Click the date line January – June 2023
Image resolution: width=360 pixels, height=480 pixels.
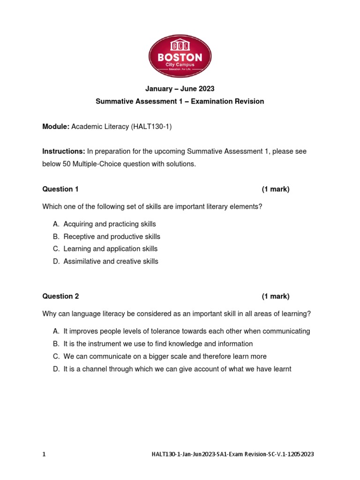180,89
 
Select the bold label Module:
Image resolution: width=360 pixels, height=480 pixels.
56,127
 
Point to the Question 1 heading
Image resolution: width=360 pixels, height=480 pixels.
60,189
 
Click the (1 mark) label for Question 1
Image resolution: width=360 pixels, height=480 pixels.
276,189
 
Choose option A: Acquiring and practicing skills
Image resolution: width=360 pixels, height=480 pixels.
109,224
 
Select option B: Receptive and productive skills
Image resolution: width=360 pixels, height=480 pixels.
112,237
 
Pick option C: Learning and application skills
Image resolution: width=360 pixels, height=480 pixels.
110,249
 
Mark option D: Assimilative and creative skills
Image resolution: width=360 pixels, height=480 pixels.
111,262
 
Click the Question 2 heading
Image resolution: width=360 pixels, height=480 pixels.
60,296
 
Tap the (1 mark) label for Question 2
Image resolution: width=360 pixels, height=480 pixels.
276,296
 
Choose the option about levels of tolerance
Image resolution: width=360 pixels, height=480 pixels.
187,331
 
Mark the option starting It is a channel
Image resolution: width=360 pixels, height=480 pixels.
177,369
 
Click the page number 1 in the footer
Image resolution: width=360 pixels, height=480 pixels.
44,454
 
